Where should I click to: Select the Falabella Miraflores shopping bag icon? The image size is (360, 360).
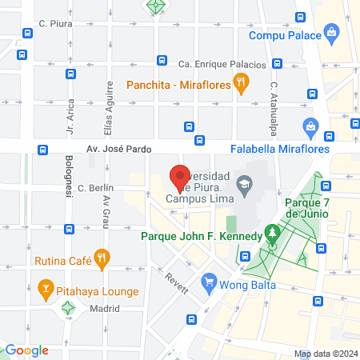(310, 126)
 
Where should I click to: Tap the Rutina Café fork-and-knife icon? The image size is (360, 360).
(101, 258)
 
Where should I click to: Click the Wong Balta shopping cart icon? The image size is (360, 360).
(210, 281)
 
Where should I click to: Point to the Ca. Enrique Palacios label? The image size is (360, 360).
(222, 64)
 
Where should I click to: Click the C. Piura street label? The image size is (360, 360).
(56, 24)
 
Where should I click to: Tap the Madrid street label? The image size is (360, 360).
(104, 308)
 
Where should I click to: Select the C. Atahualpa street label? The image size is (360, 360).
(273, 102)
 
